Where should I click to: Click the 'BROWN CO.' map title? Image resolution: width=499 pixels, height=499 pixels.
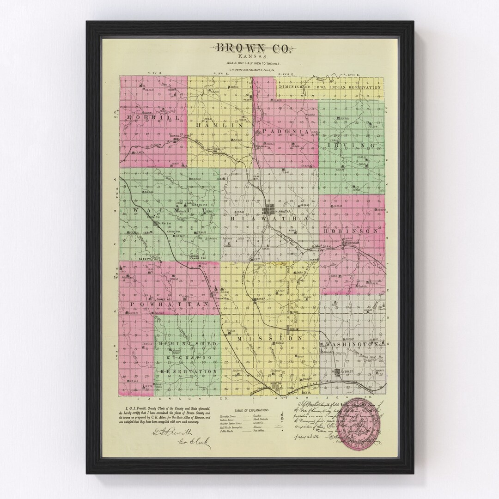coord(250,48)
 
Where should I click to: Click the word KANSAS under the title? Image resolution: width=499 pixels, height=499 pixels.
coord(250,56)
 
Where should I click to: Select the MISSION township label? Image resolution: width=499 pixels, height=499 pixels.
coord(265,339)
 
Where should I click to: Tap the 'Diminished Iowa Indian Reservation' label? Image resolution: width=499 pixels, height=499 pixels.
coord(329,87)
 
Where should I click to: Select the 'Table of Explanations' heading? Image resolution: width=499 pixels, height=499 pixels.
coord(250,411)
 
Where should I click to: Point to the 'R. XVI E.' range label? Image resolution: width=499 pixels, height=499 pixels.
coord(220,73)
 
